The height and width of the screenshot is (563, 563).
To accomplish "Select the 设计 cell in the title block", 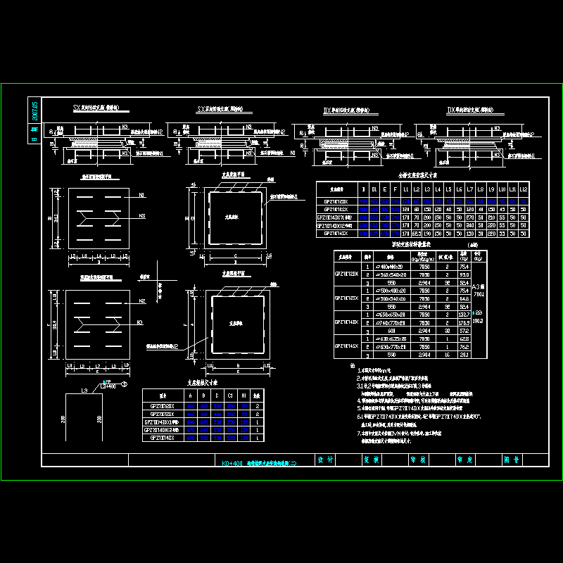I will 325,460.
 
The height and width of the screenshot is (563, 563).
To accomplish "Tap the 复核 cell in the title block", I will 371,460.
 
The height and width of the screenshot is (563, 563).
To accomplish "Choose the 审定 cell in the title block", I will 464,460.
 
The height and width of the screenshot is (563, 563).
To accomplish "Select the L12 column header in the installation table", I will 523,190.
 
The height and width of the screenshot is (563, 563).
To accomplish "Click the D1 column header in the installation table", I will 374,190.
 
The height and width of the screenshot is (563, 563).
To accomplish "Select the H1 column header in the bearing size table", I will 243,396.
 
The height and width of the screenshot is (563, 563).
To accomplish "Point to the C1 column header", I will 231,396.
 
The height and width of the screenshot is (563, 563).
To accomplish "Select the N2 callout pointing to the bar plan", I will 141,301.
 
